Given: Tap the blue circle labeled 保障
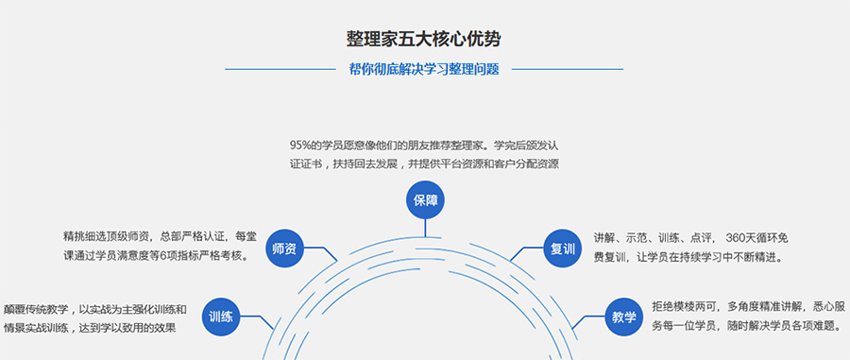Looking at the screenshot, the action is pos(425,200).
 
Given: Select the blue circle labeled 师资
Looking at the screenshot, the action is pos(284,249).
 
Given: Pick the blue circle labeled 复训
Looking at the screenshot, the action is pos(563,249).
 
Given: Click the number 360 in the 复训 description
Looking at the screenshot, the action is pos(739,237).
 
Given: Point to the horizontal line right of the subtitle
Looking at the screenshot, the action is pos(567,69).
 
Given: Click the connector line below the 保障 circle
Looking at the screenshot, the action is pos(425,227).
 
